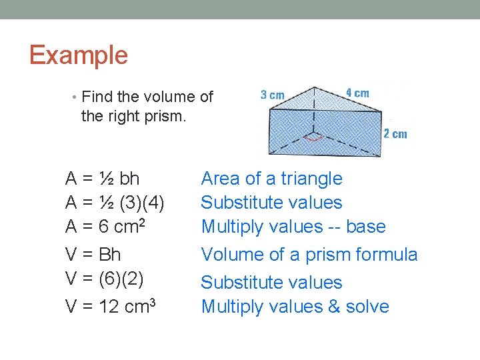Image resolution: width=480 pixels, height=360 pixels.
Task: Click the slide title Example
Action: [x=79, y=55]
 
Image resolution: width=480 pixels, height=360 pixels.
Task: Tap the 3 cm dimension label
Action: [x=272, y=95]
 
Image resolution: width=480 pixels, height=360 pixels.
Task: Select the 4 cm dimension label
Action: [x=357, y=93]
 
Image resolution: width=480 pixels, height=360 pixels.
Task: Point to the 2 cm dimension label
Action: [x=395, y=134]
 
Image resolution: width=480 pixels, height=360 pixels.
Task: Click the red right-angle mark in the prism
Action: [x=313, y=138]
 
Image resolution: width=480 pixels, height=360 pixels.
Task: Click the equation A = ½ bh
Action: [x=102, y=179]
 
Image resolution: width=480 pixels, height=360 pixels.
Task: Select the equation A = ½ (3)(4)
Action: [x=115, y=203]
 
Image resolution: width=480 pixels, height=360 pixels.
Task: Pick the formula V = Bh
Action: [x=93, y=255]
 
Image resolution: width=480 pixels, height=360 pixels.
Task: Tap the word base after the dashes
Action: [x=366, y=227]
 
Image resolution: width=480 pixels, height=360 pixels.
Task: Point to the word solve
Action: [x=367, y=307]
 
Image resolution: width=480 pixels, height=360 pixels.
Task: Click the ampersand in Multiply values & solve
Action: [x=333, y=307]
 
